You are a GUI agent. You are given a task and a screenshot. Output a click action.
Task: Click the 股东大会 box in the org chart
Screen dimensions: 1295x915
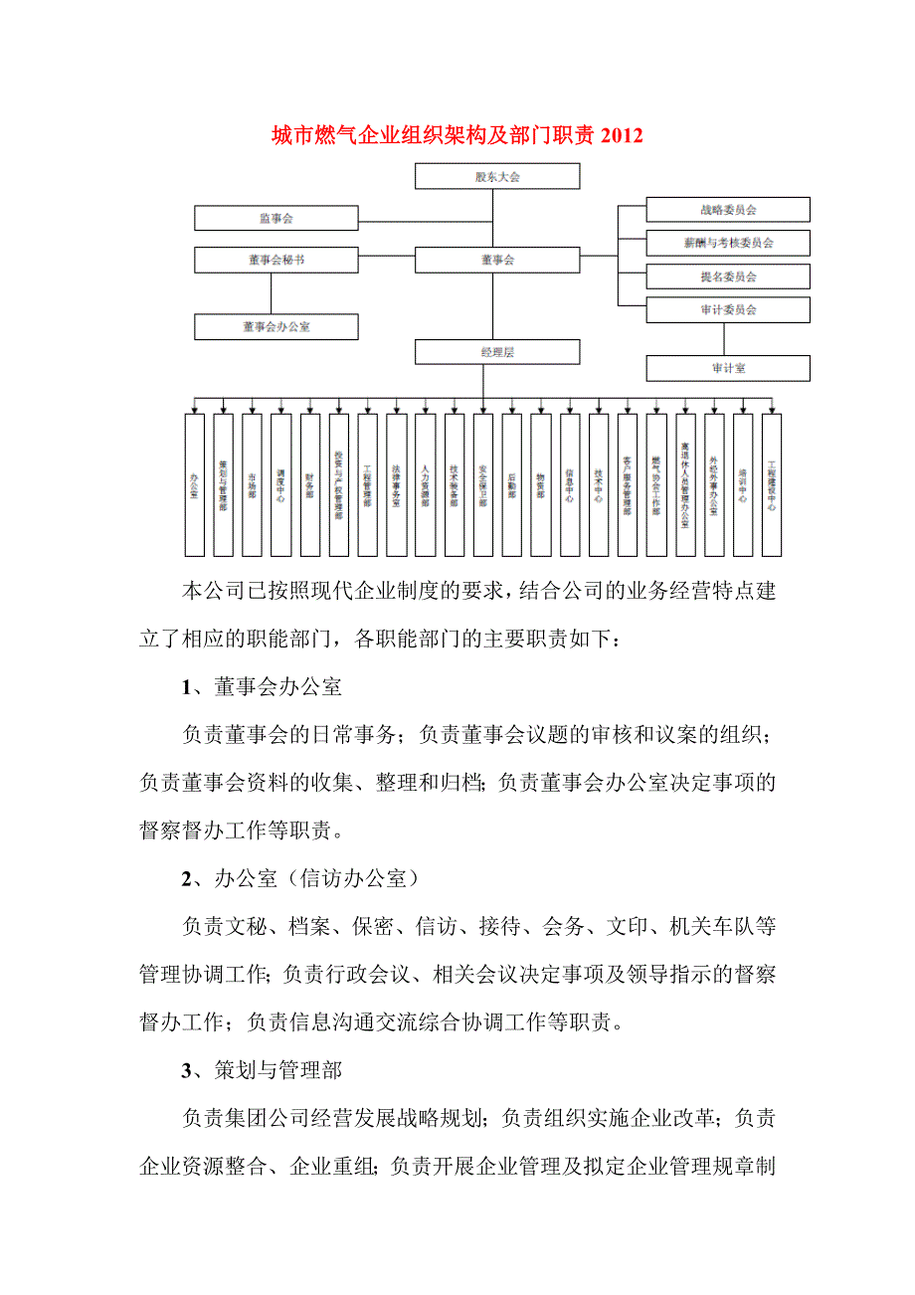497,177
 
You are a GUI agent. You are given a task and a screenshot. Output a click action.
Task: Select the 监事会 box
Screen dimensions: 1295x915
275,218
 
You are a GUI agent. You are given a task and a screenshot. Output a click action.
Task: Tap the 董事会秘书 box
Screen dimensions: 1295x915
275,260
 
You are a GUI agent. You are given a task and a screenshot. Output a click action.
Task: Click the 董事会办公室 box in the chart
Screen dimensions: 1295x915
275,326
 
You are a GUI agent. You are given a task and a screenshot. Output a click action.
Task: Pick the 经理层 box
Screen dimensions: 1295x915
497,352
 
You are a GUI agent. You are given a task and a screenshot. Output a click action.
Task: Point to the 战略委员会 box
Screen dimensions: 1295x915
728,210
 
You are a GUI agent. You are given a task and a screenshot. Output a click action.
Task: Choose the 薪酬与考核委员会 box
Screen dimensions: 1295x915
728,243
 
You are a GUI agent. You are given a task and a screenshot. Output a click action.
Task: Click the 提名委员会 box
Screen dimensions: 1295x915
728,277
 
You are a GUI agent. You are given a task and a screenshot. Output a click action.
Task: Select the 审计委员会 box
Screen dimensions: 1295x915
728,309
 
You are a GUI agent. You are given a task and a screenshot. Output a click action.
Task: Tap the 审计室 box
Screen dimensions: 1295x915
728,368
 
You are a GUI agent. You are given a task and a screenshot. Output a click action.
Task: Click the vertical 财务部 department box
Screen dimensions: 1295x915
310,485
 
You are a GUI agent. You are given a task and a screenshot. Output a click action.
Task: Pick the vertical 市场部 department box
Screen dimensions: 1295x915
253,485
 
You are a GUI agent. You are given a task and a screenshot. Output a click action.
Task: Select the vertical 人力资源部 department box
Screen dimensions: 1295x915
426,485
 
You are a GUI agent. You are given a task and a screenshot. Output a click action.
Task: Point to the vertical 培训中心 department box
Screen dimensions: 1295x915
743,485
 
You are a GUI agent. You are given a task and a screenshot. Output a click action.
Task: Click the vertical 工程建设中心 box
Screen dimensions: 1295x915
772,485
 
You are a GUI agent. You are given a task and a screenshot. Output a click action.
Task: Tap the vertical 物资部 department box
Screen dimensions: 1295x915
541,485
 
